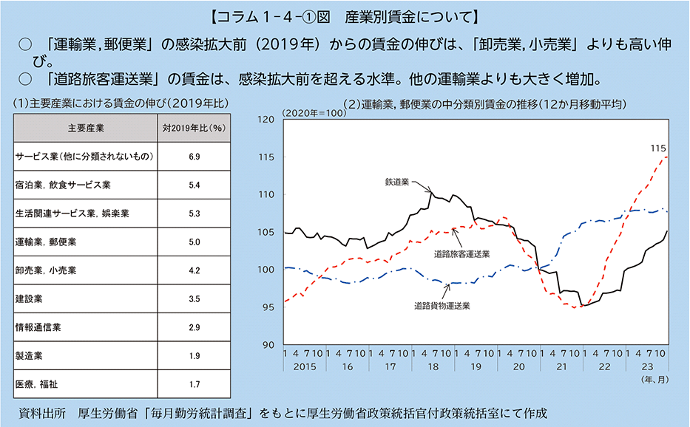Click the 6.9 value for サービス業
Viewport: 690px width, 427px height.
(x=195, y=157)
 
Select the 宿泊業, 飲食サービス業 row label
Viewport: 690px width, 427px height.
(x=62, y=185)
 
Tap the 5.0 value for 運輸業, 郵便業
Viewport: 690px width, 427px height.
(x=195, y=242)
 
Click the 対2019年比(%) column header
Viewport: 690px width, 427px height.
(x=195, y=128)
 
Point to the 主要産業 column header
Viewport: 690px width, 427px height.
(x=86, y=128)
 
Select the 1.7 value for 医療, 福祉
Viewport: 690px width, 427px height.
(x=195, y=384)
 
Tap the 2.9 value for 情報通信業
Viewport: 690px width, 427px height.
(x=195, y=327)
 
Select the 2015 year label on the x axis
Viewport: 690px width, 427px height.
(x=305, y=366)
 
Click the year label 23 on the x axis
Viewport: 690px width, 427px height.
(x=648, y=366)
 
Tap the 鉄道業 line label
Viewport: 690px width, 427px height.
(x=396, y=180)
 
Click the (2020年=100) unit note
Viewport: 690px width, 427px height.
(x=311, y=113)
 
